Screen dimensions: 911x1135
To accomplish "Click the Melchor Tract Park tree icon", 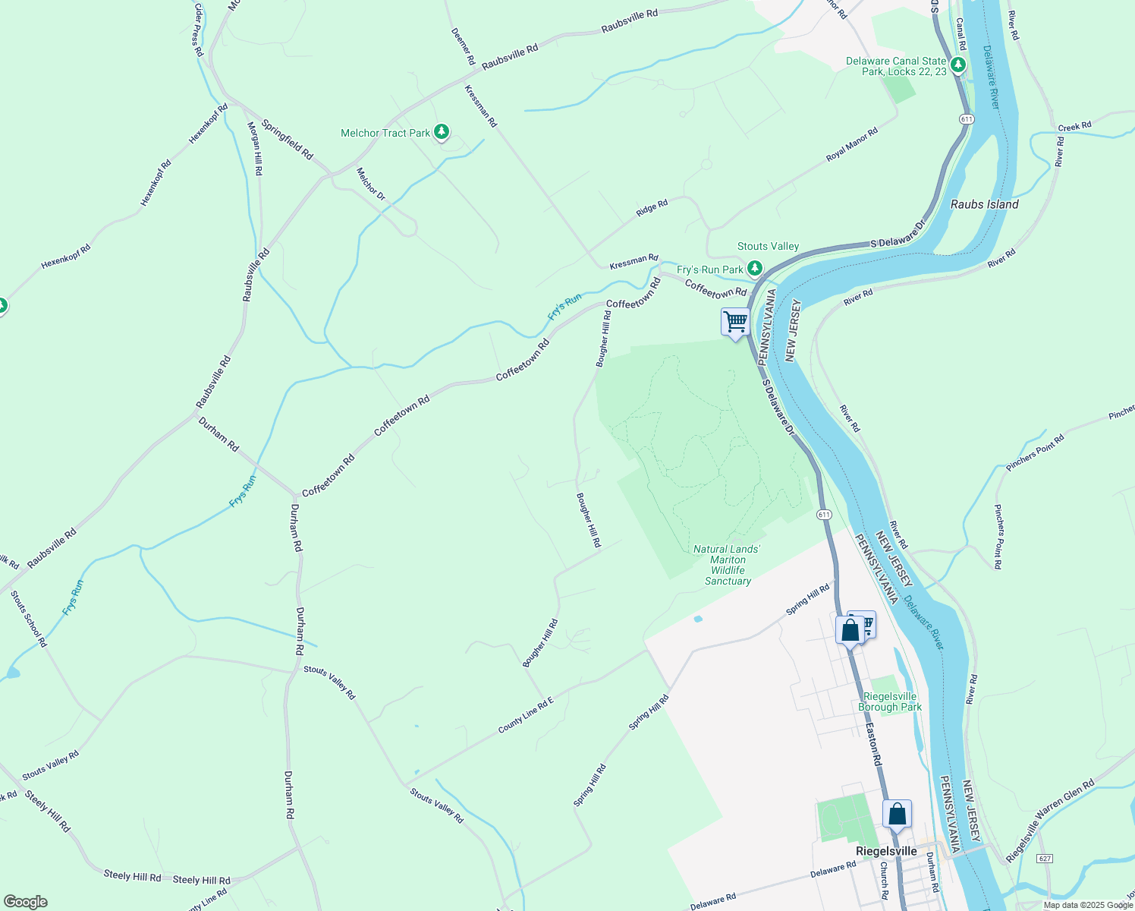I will (441, 133).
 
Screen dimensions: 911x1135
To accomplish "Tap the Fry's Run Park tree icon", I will (754, 269).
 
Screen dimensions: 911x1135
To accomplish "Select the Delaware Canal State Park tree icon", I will (958, 65).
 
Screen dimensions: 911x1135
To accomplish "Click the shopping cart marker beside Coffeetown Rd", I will (735, 323).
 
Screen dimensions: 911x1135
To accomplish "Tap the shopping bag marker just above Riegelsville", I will (897, 815).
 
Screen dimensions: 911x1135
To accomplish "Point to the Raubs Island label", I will (984, 204).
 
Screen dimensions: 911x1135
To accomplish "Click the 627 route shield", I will (1045, 859).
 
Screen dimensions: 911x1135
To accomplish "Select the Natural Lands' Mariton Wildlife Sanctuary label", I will (727, 565).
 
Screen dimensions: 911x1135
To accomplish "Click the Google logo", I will (26, 902).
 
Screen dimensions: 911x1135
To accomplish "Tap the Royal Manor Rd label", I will (851, 144).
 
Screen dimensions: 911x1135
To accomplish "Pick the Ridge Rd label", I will (652, 207).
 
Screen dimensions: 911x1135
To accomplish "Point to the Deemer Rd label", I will (463, 46).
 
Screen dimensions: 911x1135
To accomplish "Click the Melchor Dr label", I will (371, 184).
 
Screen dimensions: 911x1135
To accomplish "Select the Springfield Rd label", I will (287, 139).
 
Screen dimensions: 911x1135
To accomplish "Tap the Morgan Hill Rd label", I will (255, 149).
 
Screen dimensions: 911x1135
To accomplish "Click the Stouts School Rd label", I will (29, 619).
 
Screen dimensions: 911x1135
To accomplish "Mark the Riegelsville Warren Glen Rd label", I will (1050, 821).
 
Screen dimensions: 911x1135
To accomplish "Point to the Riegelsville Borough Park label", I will (890, 701).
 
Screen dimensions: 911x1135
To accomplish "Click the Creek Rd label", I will (1074, 126).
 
